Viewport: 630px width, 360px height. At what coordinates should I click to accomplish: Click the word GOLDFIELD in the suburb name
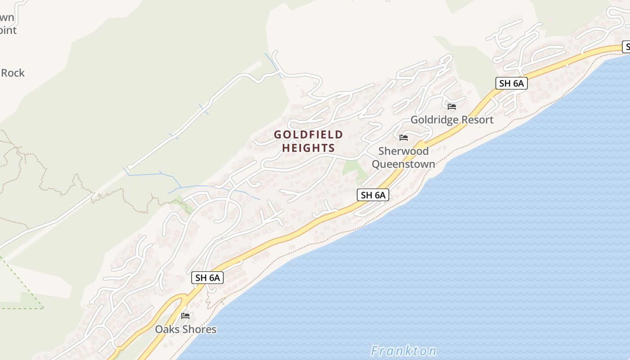pos(308,135)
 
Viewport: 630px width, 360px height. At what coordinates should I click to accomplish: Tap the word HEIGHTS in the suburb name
pos(308,148)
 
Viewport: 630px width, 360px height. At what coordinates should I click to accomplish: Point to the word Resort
pos(475,120)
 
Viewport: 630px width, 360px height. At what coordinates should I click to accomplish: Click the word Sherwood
pos(403,151)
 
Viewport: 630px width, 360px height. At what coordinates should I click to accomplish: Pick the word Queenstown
pos(403,164)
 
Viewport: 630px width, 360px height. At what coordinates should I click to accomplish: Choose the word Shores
pos(199,329)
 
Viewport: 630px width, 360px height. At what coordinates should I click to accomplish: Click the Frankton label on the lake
pos(403,351)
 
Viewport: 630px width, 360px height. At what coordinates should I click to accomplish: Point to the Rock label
pos(13,73)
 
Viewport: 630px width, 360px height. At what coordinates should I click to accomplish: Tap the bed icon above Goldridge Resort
pos(452,107)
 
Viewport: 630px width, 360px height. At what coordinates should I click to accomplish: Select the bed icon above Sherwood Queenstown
pos(404,138)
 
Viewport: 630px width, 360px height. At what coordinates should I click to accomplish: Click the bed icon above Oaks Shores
pos(185,316)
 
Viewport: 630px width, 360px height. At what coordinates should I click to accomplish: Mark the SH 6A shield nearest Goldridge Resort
pos(511,83)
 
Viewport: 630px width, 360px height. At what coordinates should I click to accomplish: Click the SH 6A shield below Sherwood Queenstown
pos(373,195)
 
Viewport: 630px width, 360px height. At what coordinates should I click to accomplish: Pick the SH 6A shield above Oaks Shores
pos(207,278)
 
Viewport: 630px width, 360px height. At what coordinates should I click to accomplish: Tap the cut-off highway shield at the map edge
pos(626,46)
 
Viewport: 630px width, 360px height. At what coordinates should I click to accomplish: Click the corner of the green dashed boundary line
pos(43,308)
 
